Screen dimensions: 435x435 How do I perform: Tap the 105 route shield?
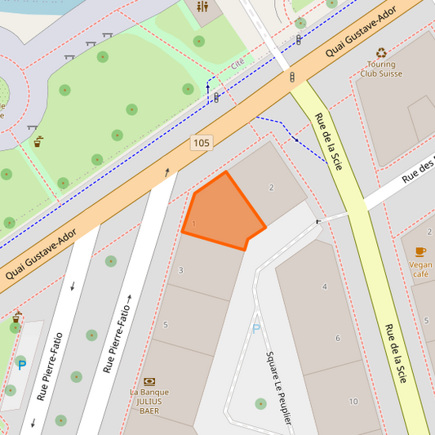(x=201, y=143)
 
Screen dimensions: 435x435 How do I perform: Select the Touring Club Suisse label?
(x=381, y=69)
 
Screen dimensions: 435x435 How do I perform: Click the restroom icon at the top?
(x=202, y=7)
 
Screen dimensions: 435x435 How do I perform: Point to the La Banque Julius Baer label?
(x=149, y=401)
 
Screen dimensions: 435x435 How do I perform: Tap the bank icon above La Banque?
(x=149, y=381)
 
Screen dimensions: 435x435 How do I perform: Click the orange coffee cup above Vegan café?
(x=420, y=251)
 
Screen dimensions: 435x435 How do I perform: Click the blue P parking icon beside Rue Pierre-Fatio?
(x=21, y=365)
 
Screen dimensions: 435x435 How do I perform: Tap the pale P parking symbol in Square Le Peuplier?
(x=255, y=329)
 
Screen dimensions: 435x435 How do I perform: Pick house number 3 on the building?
(x=180, y=270)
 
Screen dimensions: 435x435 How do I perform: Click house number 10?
(x=353, y=402)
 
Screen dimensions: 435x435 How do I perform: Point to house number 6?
(x=337, y=338)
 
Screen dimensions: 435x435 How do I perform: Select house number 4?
(x=324, y=286)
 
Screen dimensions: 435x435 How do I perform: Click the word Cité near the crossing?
(x=237, y=64)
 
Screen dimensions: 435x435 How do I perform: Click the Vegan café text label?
(x=421, y=269)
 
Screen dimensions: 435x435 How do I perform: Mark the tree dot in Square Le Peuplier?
(x=260, y=403)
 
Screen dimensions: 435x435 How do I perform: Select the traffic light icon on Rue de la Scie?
(x=292, y=77)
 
